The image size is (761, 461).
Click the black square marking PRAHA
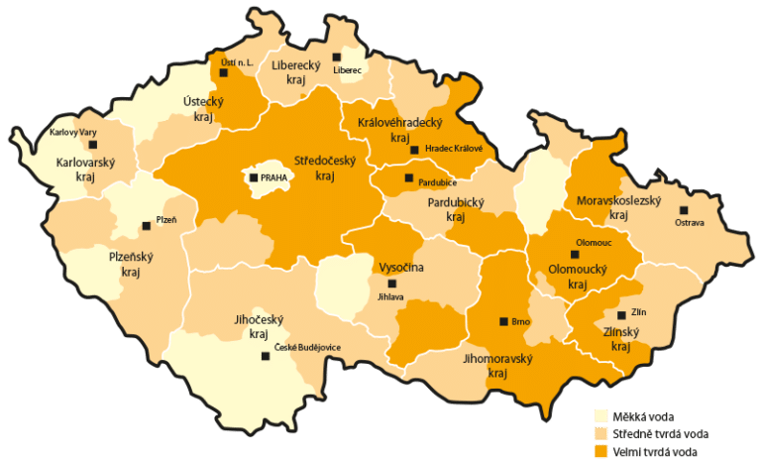coord(254,177)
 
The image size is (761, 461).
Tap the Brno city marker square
coord(503,321)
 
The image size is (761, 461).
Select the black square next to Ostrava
coord(683,210)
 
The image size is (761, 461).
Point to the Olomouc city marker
coord(574,255)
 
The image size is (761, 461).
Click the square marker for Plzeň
coord(147,221)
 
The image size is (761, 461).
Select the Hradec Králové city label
coord(453,149)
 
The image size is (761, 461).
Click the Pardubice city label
coord(437,181)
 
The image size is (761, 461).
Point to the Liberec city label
coord(348,70)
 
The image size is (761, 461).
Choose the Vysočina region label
coord(401,268)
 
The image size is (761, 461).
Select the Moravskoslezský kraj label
coord(619,207)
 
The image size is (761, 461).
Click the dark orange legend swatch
coord(599,451)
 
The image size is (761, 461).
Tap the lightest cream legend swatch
coord(599,415)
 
